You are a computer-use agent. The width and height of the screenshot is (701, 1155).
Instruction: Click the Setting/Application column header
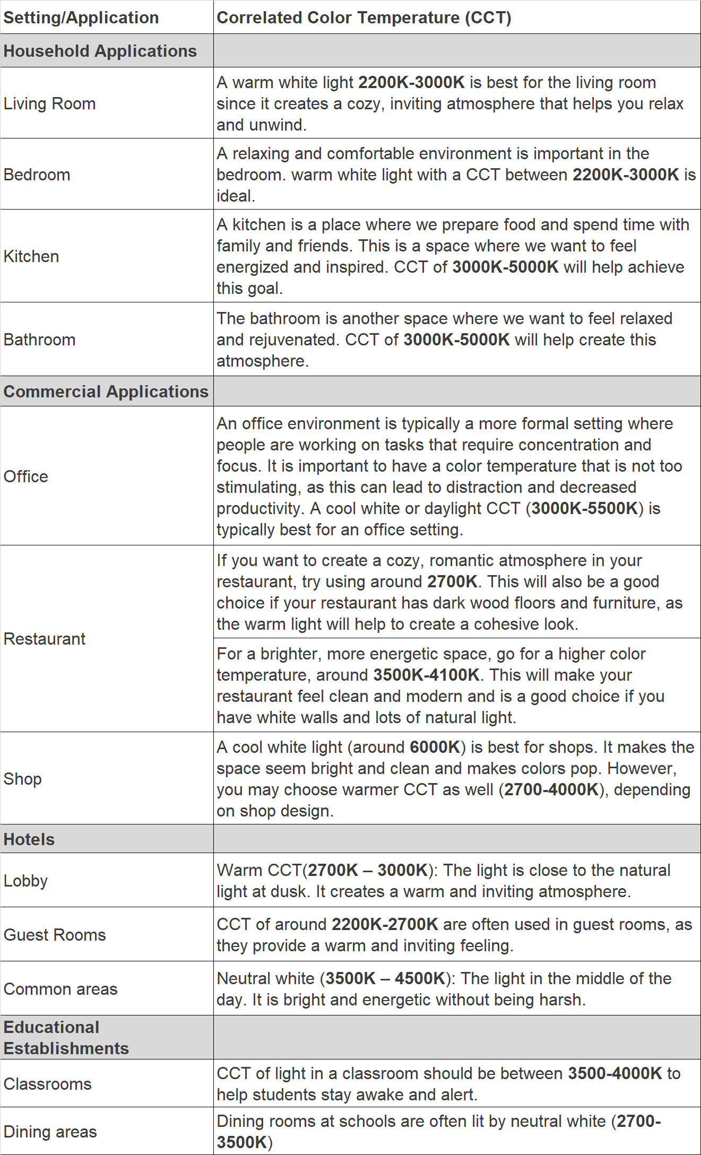[81, 18]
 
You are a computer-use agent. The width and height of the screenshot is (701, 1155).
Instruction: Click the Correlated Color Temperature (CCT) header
[364, 18]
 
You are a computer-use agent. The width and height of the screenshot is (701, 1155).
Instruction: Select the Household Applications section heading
[100, 51]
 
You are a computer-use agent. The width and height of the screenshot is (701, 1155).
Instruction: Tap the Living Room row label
[49, 103]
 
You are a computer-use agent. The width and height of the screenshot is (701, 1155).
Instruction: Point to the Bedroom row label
[37, 175]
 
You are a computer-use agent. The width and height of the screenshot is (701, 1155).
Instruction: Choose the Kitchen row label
[31, 256]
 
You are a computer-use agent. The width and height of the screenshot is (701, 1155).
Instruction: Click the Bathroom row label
[39, 340]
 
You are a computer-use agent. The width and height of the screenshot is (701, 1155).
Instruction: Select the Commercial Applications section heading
[106, 392]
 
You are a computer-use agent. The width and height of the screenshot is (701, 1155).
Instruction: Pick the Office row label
[25, 476]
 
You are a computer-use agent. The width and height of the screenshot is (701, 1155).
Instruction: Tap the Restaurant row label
[44, 639]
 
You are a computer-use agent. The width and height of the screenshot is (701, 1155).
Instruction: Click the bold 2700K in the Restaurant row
[452, 581]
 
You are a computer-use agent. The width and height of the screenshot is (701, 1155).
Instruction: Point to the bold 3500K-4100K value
[426, 675]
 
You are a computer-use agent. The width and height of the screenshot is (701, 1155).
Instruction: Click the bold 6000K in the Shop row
[435, 747]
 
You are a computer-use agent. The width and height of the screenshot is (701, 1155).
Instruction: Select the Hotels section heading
[29, 839]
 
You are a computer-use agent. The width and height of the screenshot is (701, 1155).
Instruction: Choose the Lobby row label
[25, 881]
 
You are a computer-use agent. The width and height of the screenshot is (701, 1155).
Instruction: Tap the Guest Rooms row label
[55, 935]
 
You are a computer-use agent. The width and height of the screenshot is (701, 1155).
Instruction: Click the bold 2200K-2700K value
[385, 924]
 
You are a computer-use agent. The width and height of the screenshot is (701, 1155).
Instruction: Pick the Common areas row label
[60, 989]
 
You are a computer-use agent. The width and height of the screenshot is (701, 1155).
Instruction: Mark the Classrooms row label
[47, 1084]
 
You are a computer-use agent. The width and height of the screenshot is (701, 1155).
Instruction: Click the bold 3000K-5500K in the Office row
[584, 508]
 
